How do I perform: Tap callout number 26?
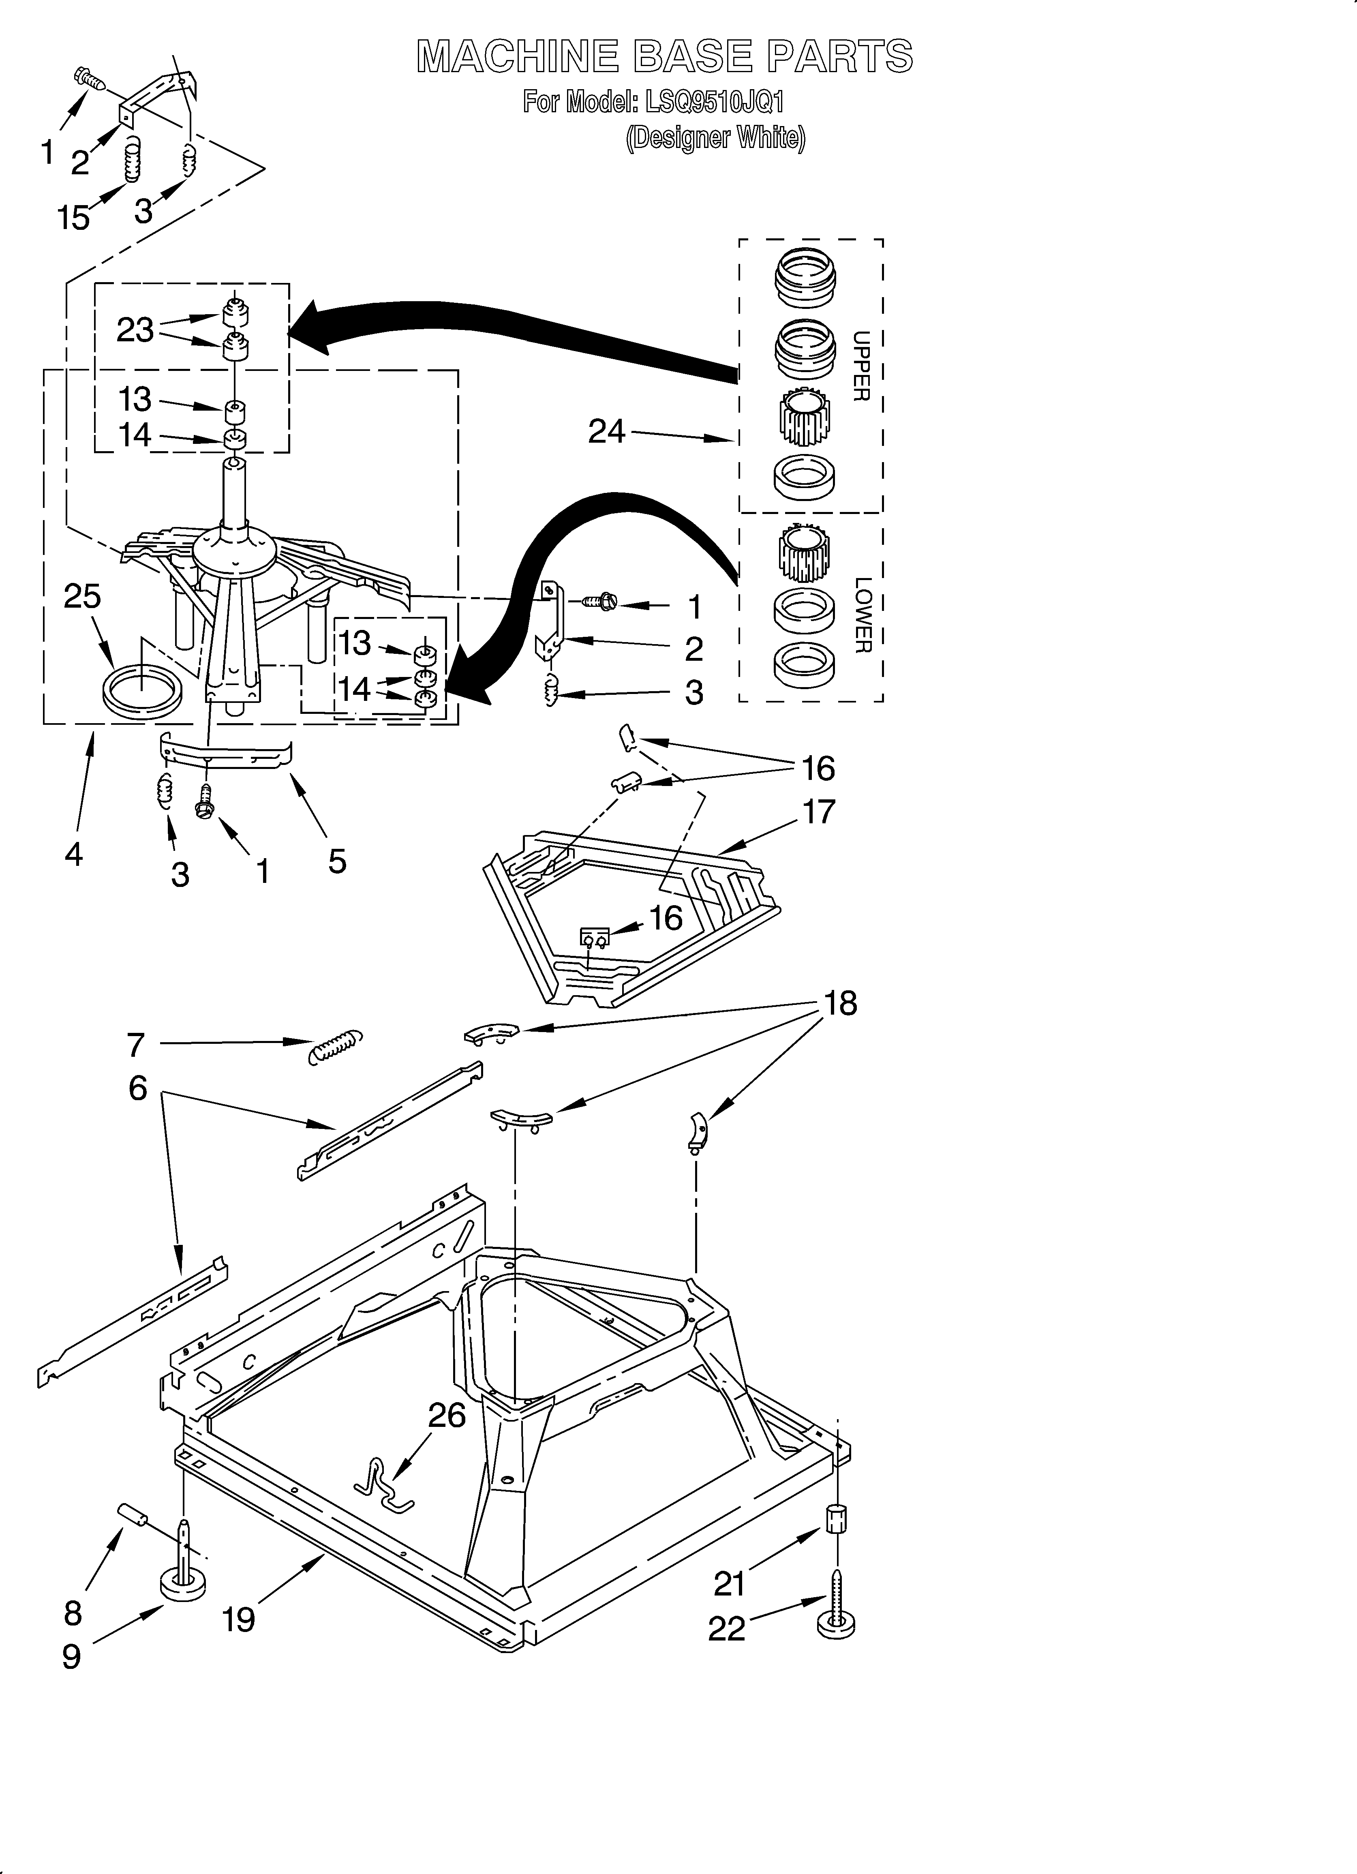point(447,1416)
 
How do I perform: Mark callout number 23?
point(135,330)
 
